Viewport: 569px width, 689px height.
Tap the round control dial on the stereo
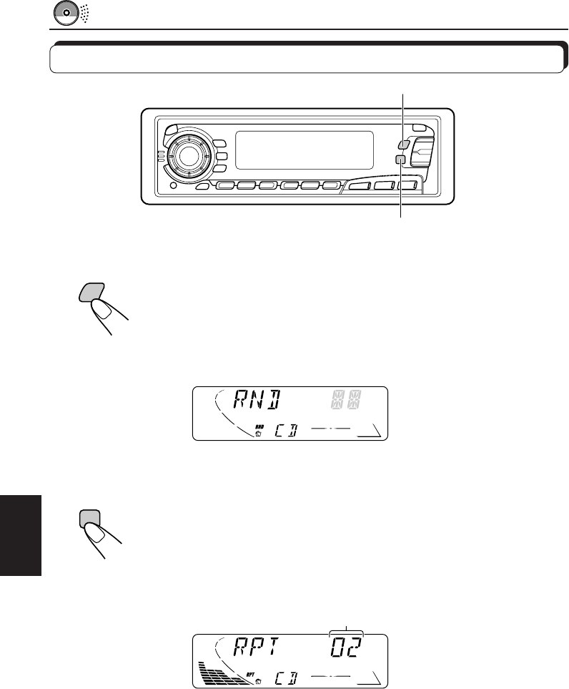[187, 154]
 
